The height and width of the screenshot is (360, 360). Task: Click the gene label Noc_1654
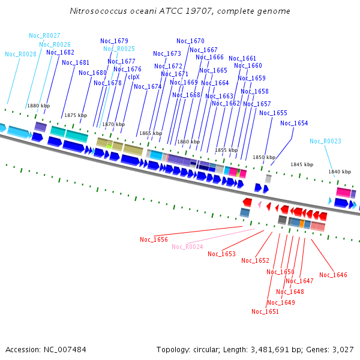point(294,123)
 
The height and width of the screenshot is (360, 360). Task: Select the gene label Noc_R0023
point(325,141)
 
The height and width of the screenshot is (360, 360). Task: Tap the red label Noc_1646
point(333,275)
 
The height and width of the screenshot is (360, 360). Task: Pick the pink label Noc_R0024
point(187,247)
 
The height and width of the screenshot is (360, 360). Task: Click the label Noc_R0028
point(20,54)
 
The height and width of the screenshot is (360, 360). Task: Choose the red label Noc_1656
point(154,239)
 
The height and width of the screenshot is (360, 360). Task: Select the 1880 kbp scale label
point(38,106)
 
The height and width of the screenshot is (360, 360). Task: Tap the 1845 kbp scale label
point(302,164)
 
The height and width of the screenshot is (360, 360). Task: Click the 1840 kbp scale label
point(339,172)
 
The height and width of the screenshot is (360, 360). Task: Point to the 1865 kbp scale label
point(151,133)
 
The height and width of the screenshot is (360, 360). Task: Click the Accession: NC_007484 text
point(46,349)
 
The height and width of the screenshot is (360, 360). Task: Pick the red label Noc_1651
point(265,311)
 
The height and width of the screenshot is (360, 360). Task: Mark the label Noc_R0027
point(44,35)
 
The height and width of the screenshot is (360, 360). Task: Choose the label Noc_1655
point(273,113)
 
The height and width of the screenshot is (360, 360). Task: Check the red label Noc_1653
point(221,254)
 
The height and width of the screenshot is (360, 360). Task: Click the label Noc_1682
point(60,52)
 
